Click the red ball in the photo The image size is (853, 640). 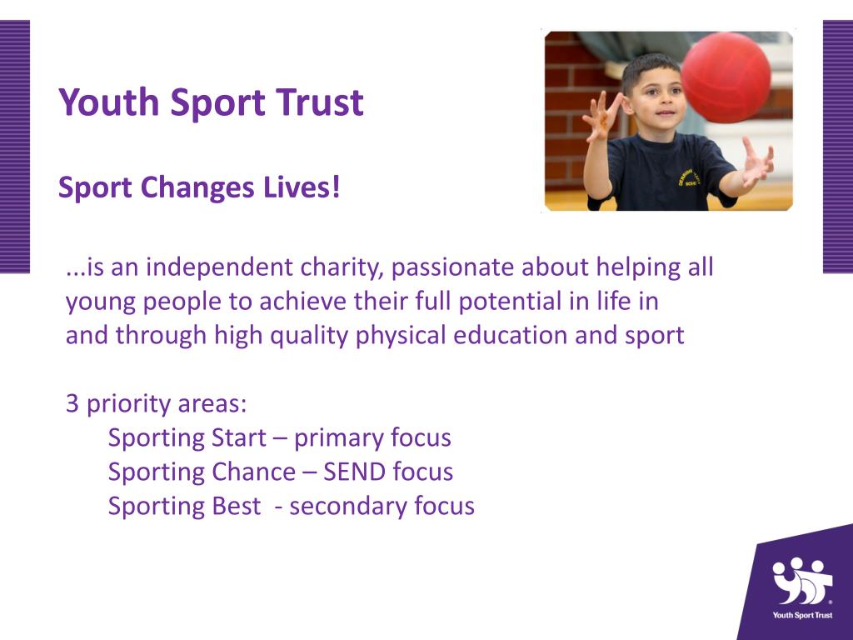click(726, 77)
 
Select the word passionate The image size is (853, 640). click(452, 267)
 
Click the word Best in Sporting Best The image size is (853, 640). click(237, 506)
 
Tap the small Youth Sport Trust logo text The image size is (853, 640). click(802, 617)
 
